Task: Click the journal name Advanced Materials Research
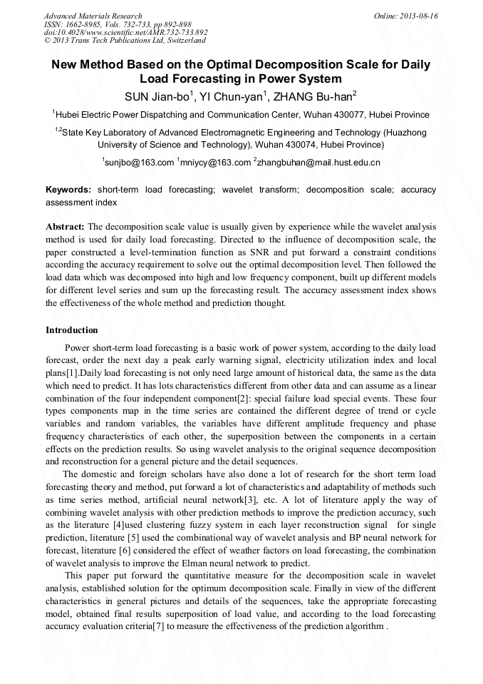point(93,16)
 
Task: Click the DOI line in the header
point(125,32)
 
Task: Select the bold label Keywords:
point(68,190)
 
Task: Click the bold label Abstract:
point(66,226)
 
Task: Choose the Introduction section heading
point(72,330)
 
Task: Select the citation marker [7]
point(158,627)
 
